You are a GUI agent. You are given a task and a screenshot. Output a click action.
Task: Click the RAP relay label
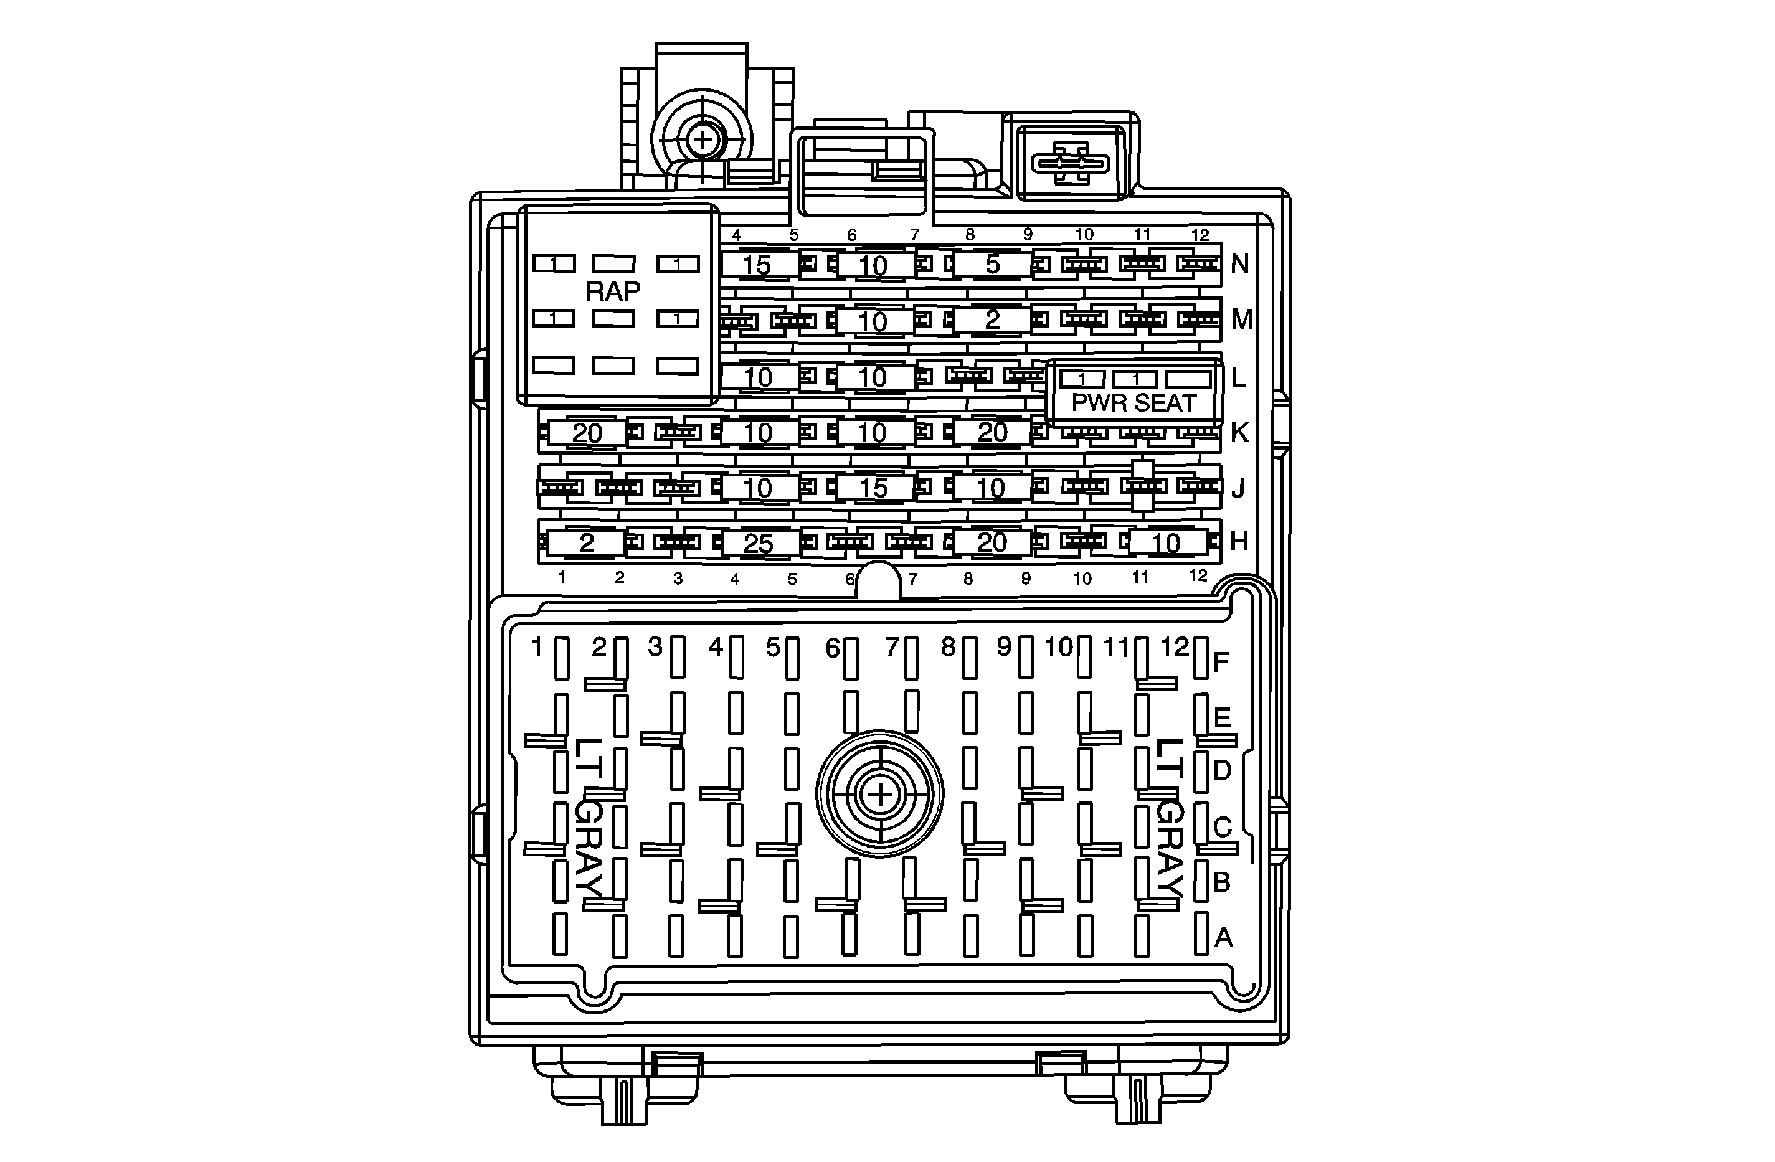coord(613,291)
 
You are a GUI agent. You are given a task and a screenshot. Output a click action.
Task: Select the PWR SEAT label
coord(1133,403)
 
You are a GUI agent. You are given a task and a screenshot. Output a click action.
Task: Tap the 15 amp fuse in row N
coord(756,265)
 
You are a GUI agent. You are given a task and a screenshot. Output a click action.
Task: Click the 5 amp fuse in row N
coord(992,264)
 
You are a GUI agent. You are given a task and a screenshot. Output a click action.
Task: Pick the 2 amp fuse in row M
coord(992,320)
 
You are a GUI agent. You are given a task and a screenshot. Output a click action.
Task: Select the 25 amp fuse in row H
coord(758,543)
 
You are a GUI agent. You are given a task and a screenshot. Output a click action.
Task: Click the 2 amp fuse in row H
coord(586,542)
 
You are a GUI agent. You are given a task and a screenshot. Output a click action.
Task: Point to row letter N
coord(1239,263)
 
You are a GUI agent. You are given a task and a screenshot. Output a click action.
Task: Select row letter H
coord(1239,542)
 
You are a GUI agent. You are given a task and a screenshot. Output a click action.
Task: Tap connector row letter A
coord(1223,937)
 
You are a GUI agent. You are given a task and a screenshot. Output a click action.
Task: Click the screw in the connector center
coord(880,795)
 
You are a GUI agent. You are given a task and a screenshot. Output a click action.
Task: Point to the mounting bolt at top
coord(702,139)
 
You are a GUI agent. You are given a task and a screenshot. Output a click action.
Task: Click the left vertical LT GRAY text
coord(589,816)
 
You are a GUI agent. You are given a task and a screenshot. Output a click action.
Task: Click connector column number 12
coord(1174,646)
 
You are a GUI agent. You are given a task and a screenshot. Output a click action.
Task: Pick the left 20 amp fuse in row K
coord(587,433)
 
